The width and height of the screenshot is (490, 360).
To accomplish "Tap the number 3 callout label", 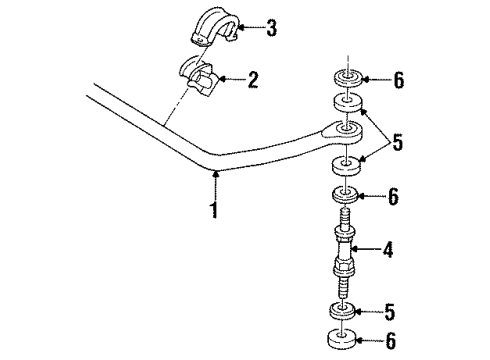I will pyautogui.click(x=270, y=28).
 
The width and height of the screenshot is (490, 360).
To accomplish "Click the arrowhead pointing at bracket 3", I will pyautogui.click(x=240, y=28).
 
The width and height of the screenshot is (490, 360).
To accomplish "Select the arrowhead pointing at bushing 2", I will pyautogui.click(x=224, y=76).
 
